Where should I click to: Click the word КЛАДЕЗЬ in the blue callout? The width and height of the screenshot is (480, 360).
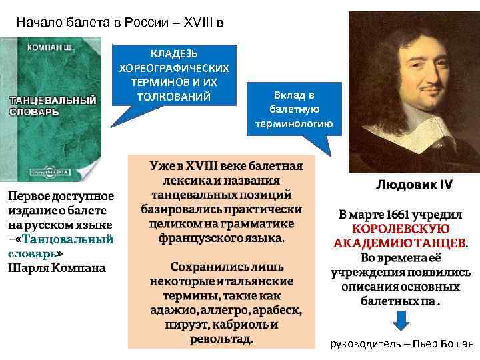point(173,54)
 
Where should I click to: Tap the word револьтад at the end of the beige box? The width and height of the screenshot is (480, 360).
point(220,339)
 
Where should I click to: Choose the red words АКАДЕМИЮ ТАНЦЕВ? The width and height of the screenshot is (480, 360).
point(401,243)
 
